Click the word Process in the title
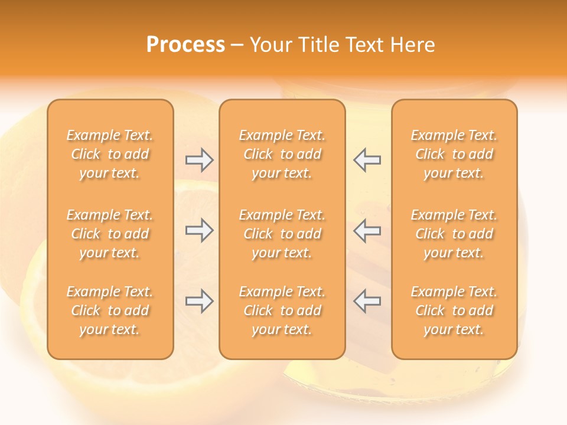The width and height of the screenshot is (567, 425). pyautogui.click(x=185, y=45)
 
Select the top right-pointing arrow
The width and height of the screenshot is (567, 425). pyautogui.click(x=199, y=160)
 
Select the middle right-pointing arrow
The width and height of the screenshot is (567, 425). pyautogui.click(x=199, y=230)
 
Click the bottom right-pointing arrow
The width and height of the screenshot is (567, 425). pyautogui.click(x=199, y=301)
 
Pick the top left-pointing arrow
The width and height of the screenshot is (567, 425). pyautogui.click(x=367, y=160)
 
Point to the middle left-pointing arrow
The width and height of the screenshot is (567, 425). pyautogui.click(x=367, y=230)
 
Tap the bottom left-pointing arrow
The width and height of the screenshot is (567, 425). pyautogui.click(x=367, y=301)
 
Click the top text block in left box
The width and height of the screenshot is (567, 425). pyautogui.click(x=110, y=154)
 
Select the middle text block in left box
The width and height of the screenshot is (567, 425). pyautogui.click(x=110, y=234)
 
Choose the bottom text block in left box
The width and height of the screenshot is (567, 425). pyautogui.click(x=110, y=310)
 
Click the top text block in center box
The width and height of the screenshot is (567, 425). pyautogui.click(x=282, y=154)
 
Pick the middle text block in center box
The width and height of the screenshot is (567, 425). pyautogui.click(x=282, y=234)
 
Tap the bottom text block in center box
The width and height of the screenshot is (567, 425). pyautogui.click(x=282, y=310)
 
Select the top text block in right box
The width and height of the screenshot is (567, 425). pyautogui.click(x=454, y=154)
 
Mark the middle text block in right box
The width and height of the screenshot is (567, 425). pyautogui.click(x=454, y=234)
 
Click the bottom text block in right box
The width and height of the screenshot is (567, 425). pyautogui.click(x=454, y=310)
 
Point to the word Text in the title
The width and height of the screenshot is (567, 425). pyautogui.click(x=365, y=45)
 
